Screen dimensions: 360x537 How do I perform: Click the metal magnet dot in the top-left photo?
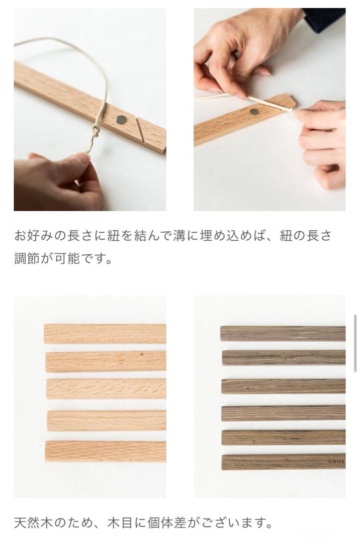tap(121, 119)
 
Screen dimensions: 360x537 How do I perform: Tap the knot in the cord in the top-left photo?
tap(95, 130)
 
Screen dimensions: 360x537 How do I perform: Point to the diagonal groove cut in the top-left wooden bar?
tap(140, 130)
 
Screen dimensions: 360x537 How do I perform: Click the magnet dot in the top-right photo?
tap(254, 111)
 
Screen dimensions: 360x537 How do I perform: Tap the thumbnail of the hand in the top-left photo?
tap(82, 158)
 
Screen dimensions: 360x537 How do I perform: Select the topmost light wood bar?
tap(105, 334)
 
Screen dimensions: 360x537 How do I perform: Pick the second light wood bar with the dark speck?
tap(106, 361)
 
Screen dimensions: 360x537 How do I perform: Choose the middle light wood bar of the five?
tap(106, 389)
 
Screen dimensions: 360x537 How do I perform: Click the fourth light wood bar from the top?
tap(106, 421)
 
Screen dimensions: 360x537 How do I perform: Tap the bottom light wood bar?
tap(105, 451)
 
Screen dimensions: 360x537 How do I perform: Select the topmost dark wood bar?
tap(282, 334)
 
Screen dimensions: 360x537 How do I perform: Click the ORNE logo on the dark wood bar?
tap(336, 461)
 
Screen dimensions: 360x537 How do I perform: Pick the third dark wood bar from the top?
tap(283, 386)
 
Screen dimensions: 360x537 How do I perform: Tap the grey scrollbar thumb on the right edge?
tap(355, 343)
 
